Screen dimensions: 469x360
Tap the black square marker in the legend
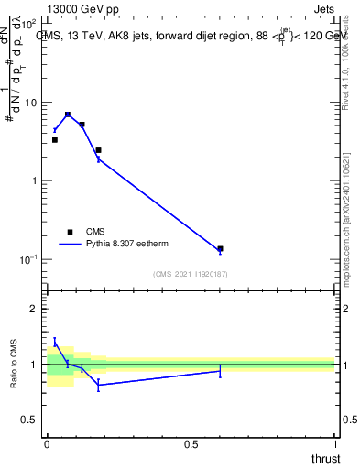(x=71, y=232)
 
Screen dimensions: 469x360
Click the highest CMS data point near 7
(x=68, y=115)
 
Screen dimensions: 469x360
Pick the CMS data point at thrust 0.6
(x=220, y=248)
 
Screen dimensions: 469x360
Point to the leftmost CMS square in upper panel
(x=54, y=140)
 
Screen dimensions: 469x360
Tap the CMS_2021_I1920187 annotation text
(x=191, y=274)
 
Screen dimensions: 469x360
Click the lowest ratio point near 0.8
(x=98, y=385)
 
